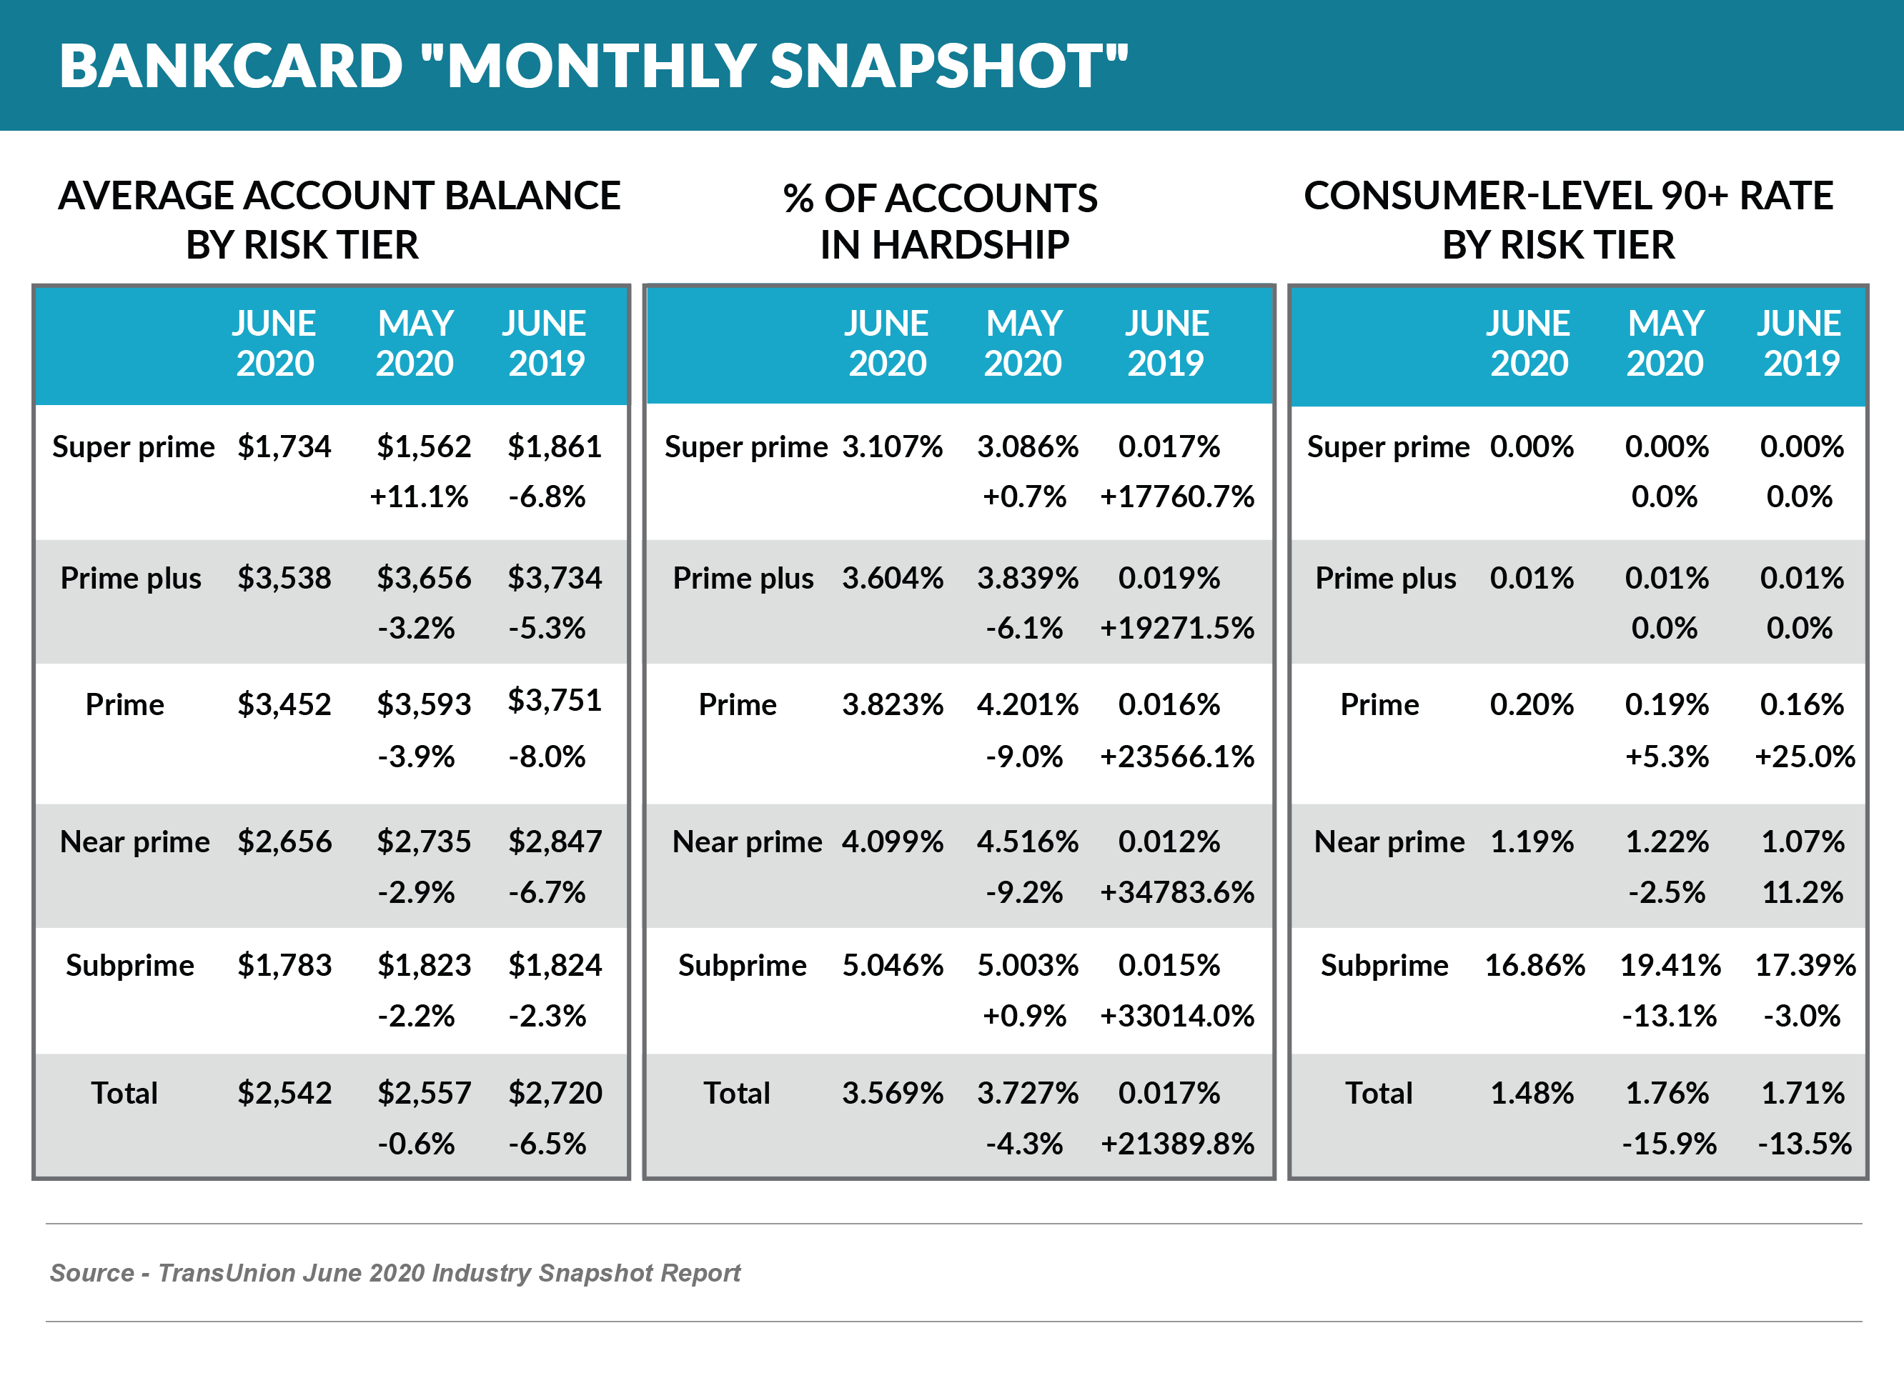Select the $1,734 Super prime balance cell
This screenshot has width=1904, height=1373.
284,446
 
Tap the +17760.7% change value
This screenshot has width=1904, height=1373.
1176,496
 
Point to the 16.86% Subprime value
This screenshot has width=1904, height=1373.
1534,965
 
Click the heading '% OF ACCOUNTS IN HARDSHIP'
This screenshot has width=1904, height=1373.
941,221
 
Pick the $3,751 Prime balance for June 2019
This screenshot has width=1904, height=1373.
554,700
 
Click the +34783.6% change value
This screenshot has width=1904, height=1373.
1176,892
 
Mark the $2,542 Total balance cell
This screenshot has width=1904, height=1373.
284,1093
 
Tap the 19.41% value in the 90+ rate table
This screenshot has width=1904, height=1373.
1669,965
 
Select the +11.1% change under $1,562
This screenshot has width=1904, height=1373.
418,496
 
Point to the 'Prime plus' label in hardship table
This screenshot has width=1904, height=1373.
743,578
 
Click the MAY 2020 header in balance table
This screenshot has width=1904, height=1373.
415,343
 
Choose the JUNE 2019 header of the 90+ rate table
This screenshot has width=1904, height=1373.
1799,343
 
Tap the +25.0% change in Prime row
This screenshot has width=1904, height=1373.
1804,757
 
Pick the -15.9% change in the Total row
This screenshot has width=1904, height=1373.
1668,1144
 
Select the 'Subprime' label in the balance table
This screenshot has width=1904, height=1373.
129,965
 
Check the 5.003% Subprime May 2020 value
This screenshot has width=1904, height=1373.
1027,965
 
